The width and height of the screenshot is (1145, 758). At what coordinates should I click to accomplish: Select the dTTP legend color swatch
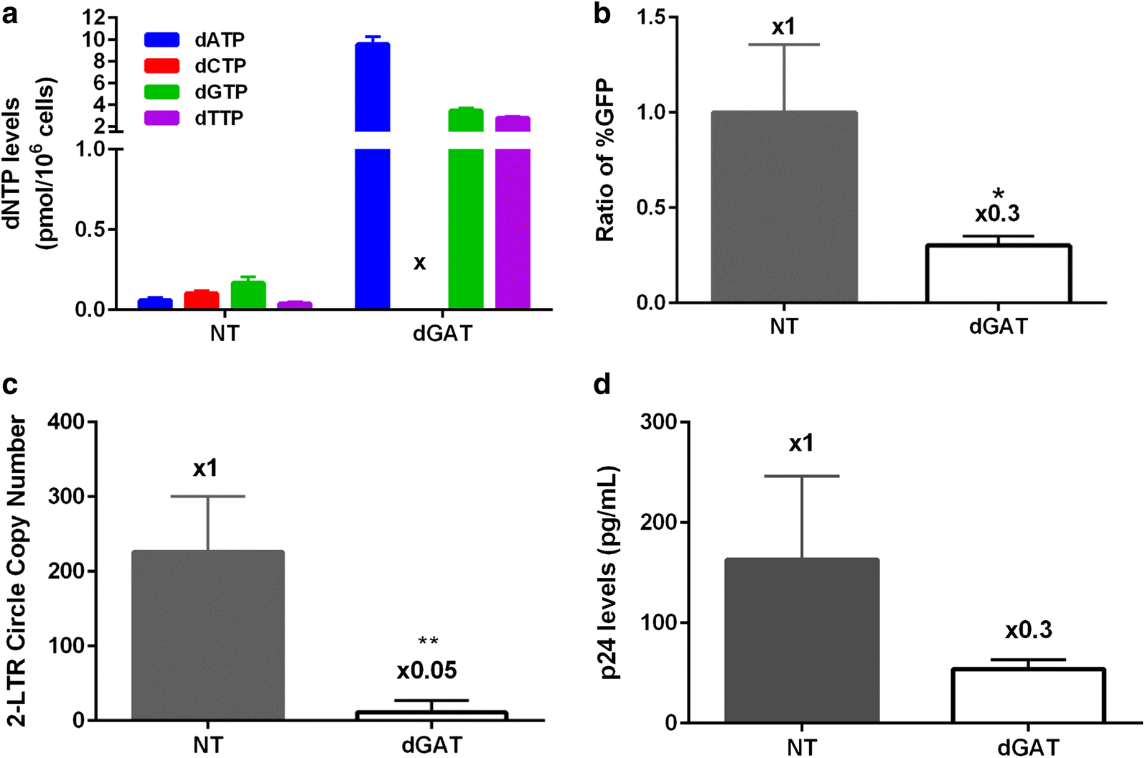pos(162,118)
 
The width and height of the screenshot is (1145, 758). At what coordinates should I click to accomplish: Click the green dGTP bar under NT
pos(248,295)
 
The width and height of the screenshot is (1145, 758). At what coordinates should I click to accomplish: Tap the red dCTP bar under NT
pos(202,300)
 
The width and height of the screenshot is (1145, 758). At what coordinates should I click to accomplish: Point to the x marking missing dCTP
pos(419,263)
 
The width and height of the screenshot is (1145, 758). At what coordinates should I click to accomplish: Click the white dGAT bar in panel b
pos(998,273)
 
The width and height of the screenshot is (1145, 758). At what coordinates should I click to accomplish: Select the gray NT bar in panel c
pos(208,635)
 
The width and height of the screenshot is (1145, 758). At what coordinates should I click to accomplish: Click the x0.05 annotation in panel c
pos(426,671)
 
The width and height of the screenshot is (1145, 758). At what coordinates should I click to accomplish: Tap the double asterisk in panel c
pos(428,642)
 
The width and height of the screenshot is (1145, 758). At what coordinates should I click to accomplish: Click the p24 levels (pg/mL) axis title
pos(610,572)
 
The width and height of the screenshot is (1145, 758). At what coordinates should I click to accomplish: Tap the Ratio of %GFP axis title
pos(605,159)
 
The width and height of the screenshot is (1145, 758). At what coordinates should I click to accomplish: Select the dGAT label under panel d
pos(1028,747)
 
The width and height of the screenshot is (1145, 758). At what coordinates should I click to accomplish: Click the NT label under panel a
pos(224,334)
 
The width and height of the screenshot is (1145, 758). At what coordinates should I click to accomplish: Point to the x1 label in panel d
pos(801,444)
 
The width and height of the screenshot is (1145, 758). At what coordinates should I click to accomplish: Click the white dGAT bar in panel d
pos(1028,696)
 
